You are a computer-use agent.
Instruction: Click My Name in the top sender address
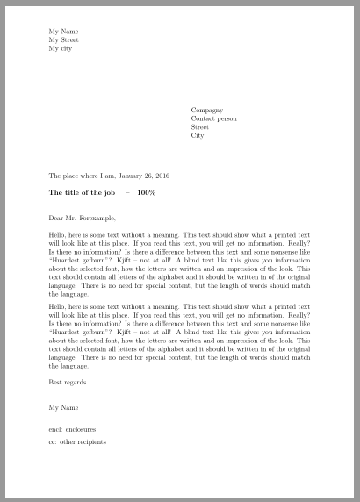63,32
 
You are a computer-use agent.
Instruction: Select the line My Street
64,40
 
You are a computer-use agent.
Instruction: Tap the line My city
62,49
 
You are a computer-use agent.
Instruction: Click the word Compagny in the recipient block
206,111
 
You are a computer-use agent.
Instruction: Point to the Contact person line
213,118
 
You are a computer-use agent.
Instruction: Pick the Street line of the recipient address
199,127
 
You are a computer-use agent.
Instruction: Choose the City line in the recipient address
197,136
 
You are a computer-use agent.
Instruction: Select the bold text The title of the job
83,192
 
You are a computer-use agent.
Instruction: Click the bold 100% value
146,192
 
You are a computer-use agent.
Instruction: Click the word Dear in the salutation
56,218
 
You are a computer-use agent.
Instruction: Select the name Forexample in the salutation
97,218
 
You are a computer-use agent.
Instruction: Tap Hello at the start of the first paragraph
58,235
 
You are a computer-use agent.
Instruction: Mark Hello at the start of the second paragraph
58,306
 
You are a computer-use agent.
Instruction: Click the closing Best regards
67,382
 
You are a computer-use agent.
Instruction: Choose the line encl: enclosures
76,429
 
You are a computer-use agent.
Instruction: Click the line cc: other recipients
77,442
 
